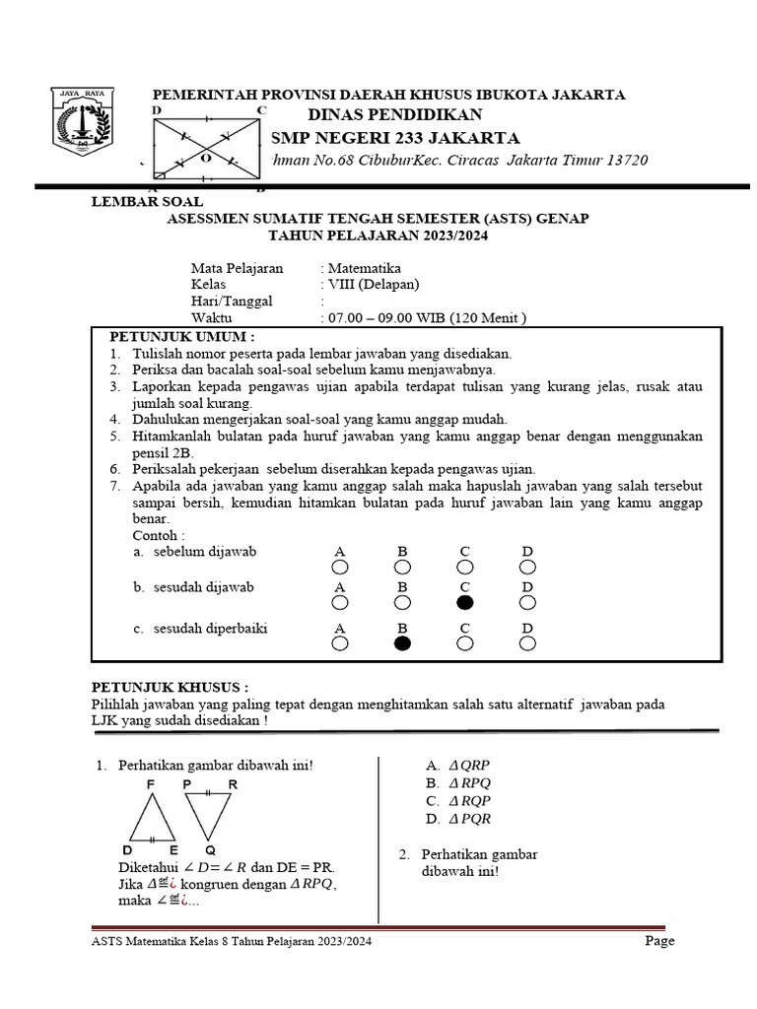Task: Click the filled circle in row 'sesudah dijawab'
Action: [465, 602]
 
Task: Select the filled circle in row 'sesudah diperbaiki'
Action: [402, 643]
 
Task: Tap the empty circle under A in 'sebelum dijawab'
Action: [340, 567]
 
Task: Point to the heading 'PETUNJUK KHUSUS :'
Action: [170, 686]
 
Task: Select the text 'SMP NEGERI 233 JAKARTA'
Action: [394, 137]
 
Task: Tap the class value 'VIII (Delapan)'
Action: [374, 285]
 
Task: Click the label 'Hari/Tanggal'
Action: [232, 302]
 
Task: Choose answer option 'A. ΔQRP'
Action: [458, 765]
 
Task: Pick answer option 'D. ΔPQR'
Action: [458, 818]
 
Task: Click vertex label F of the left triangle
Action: [150, 784]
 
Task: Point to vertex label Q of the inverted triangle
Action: [211, 849]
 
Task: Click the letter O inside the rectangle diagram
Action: [205, 157]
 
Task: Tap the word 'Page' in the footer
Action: [659, 941]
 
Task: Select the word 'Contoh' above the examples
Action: [156, 534]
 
